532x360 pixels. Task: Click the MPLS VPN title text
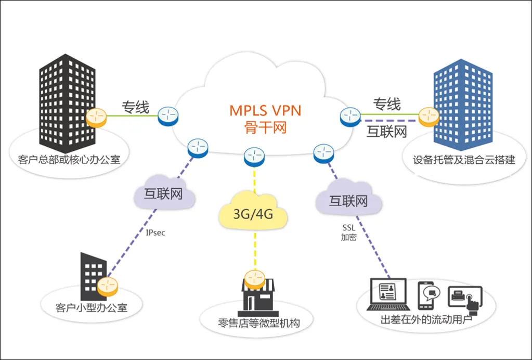click(265, 110)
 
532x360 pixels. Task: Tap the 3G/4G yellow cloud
click(254, 213)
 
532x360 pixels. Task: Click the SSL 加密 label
click(348, 233)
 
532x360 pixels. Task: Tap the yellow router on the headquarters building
click(97, 118)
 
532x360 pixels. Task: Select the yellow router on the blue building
click(429, 117)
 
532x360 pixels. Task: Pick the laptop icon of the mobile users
click(388, 295)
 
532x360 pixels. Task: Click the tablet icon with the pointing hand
click(465, 297)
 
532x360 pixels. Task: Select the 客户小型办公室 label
click(91, 307)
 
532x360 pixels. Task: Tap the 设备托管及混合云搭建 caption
click(464, 160)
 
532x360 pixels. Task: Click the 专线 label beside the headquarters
click(136, 107)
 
